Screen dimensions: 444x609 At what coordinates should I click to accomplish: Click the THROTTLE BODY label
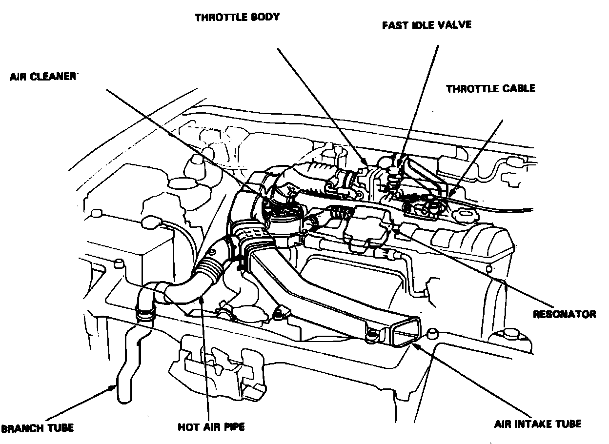pos(237,17)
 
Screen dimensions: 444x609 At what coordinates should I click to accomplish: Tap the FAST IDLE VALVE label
pos(426,24)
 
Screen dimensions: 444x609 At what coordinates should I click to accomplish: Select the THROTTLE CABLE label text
pos(490,88)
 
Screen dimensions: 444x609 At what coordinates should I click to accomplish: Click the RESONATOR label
pos(564,314)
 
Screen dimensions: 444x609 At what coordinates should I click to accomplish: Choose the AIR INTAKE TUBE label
pos(537,424)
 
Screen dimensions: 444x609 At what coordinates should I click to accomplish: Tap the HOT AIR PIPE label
pos(211,427)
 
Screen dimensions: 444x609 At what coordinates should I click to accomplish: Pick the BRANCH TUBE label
pos(38,428)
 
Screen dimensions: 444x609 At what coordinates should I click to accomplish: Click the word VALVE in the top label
pos(454,24)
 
